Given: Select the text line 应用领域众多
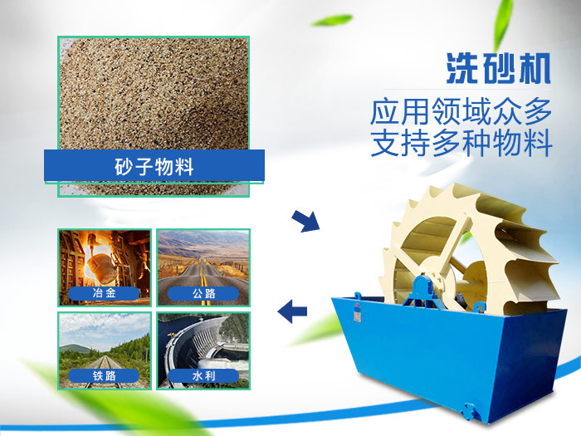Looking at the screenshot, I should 461,112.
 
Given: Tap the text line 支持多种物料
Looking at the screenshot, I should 461,144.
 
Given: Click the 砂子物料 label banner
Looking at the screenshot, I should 154,165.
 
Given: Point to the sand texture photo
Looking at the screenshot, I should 154,91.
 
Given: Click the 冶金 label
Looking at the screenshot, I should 105,292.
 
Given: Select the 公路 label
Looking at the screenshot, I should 203,292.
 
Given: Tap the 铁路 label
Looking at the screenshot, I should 105,375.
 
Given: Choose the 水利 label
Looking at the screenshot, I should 203,375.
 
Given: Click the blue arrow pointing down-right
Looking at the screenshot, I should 305,222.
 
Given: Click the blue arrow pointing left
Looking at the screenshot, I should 292,312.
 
